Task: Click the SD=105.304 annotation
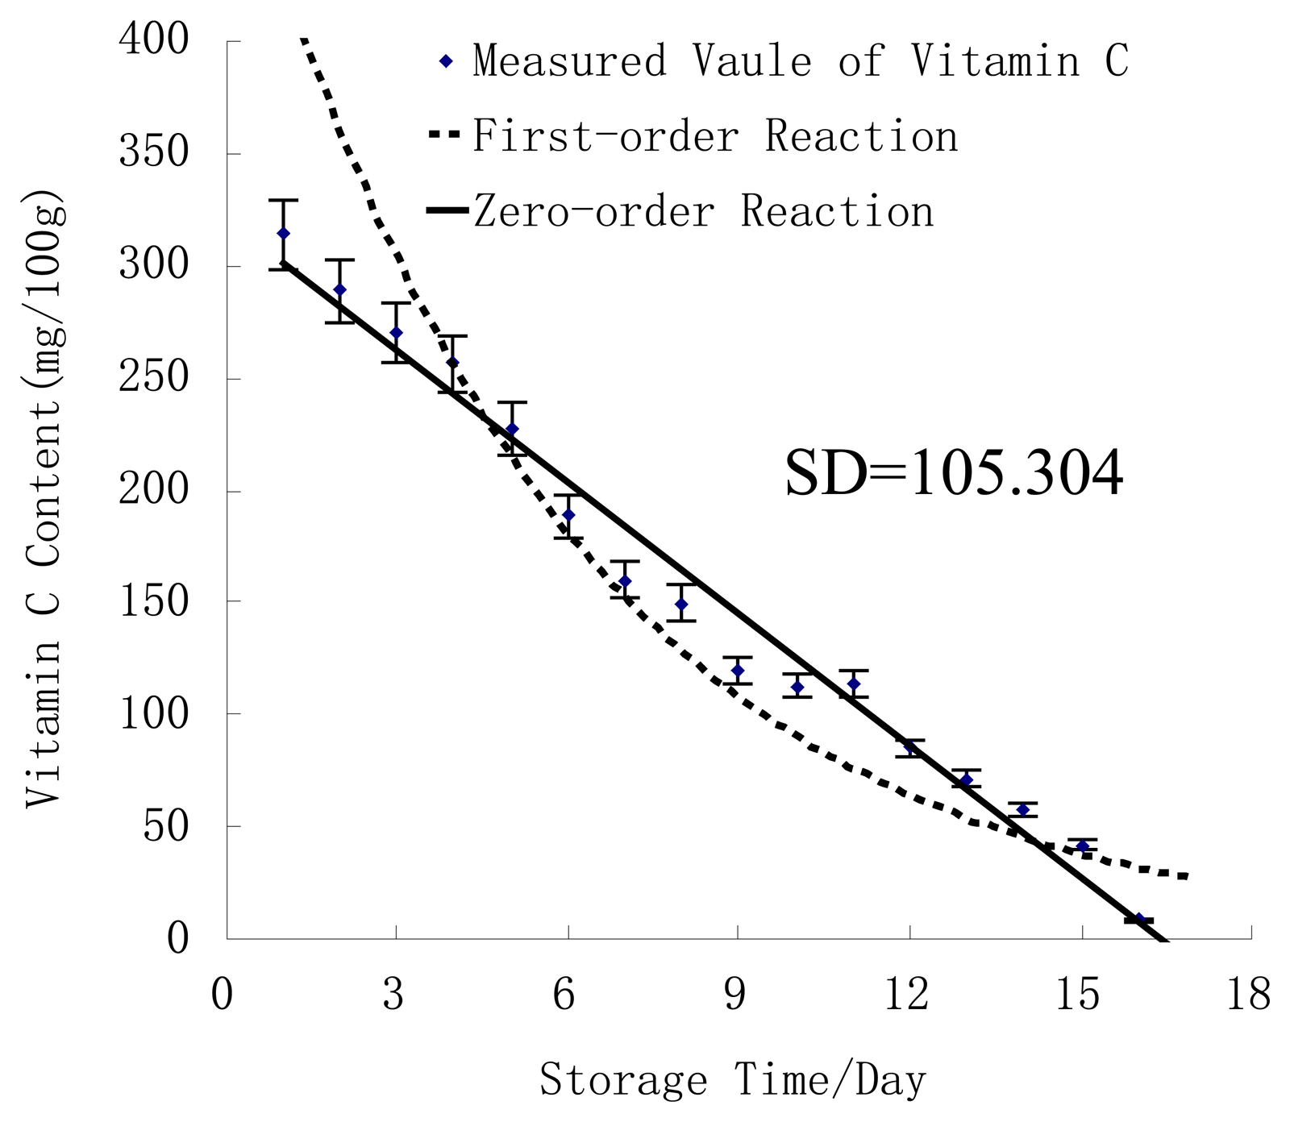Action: pos(954,474)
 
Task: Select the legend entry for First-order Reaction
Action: pos(714,135)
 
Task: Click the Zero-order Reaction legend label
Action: pos(703,211)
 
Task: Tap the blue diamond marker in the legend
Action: pos(446,61)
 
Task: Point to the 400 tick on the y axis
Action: pos(165,40)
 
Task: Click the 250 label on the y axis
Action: pos(165,378)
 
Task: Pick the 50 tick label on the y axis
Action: pos(177,826)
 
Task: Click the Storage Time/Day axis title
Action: pos(733,1080)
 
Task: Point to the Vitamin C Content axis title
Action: pos(44,500)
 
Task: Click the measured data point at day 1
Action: pos(283,233)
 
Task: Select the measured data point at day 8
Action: pos(681,604)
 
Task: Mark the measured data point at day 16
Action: pos(1138,919)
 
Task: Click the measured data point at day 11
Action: pos(853,684)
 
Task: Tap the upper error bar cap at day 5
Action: pos(511,401)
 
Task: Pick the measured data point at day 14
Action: pos(1023,809)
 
